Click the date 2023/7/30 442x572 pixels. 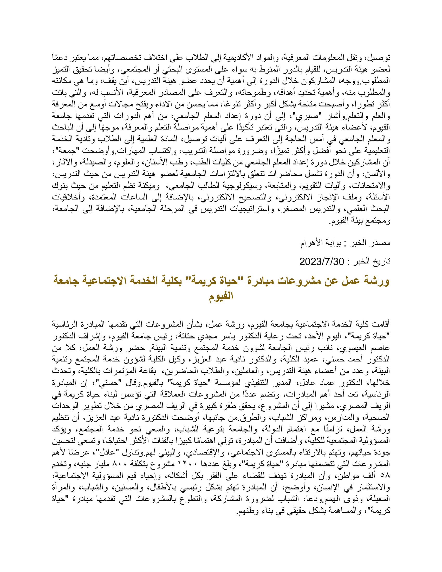tap(322, 261)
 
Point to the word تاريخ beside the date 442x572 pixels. tap(382, 261)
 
